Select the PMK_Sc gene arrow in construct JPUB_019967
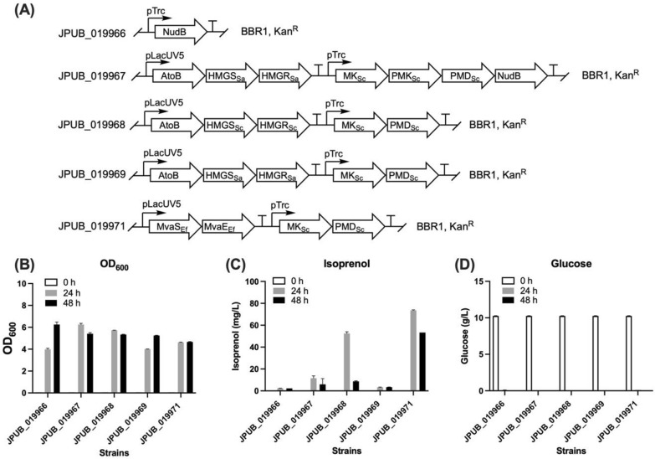409,76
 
